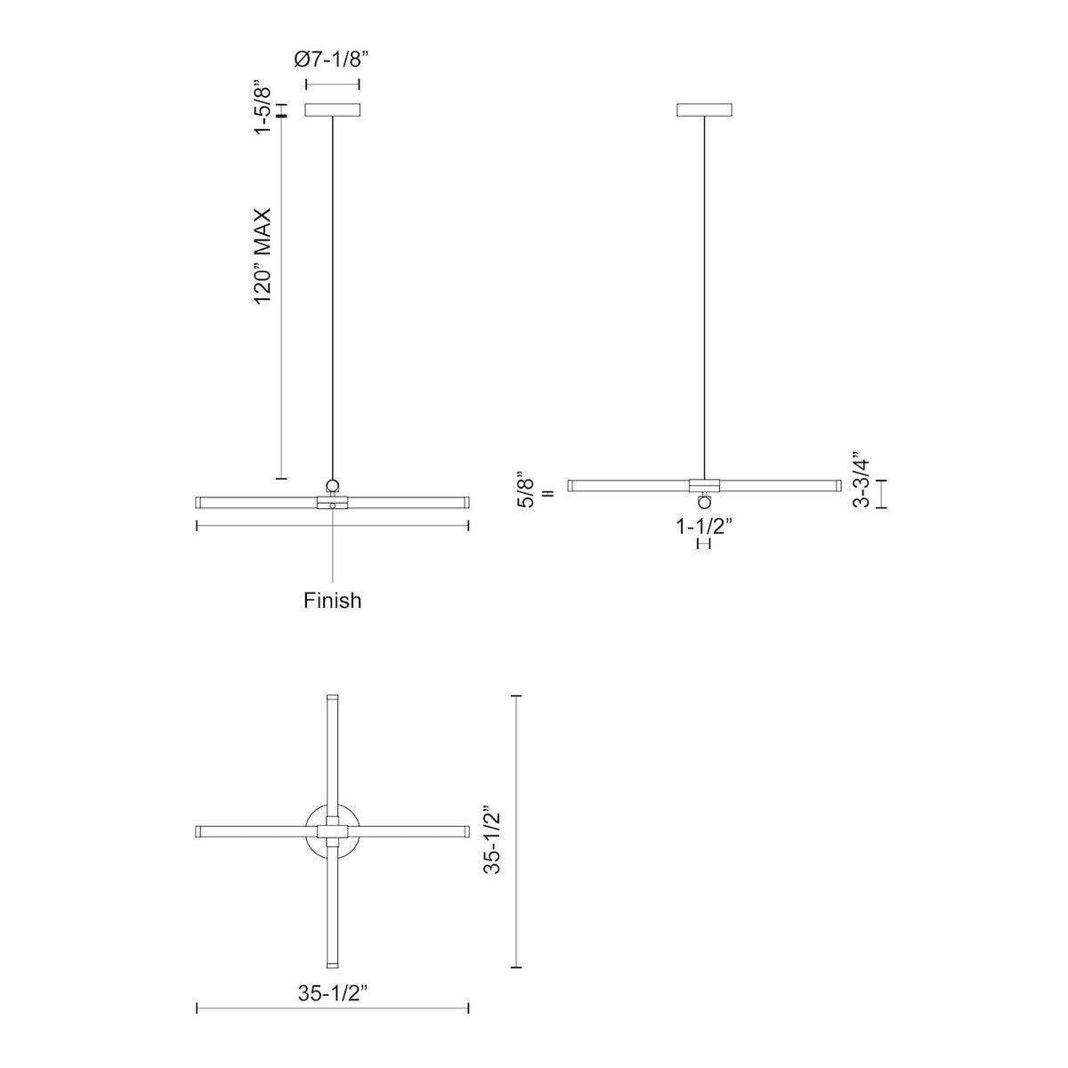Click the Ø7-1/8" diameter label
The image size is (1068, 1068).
click(x=331, y=60)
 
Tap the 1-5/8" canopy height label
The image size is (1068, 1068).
click(x=263, y=109)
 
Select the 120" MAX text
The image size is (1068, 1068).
click(x=263, y=256)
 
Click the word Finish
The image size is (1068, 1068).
click(x=332, y=600)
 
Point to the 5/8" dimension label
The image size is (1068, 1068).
click(x=526, y=490)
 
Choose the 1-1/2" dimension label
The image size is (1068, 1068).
click(x=704, y=526)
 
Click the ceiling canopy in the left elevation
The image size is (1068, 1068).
click(x=333, y=109)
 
